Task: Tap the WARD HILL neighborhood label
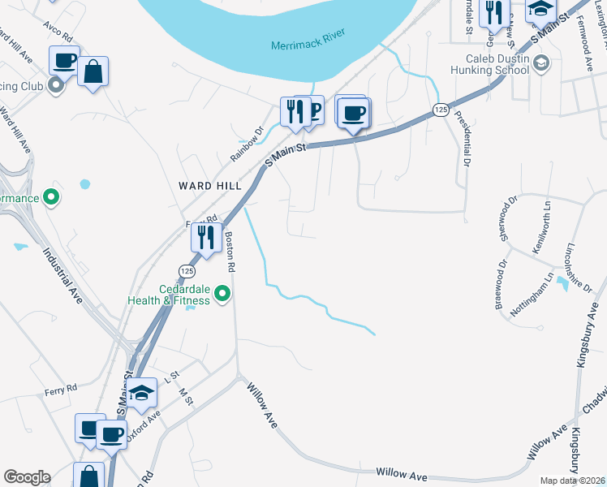[210, 186]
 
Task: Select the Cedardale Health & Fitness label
[168, 294]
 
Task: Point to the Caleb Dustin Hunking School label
[497, 64]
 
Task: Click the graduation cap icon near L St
[142, 394]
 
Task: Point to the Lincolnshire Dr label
[576, 269]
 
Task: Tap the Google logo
[26, 477]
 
